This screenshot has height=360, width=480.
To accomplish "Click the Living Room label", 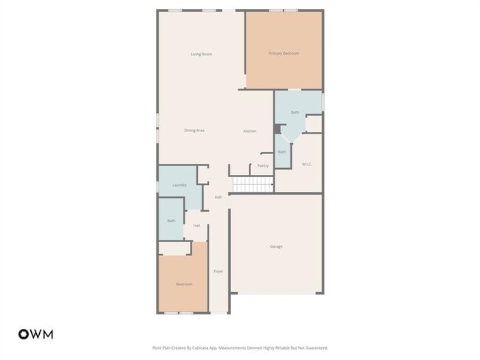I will [x=202, y=54].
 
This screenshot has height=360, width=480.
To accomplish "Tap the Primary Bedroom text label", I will [x=284, y=53].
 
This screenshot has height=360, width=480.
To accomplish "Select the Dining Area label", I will [x=194, y=131].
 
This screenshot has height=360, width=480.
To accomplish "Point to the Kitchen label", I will [x=250, y=131].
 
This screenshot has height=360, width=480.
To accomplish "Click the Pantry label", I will [x=263, y=166].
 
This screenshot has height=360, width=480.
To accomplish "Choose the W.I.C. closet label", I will [x=306, y=164].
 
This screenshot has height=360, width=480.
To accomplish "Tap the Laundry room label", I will [x=179, y=185].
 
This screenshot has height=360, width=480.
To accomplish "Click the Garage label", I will [x=275, y=246].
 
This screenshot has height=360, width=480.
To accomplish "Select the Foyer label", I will [x=219, y=271].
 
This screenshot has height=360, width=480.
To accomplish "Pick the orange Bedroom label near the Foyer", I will [x=183, y=284].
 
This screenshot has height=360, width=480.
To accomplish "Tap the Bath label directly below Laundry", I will [x=171, y=221].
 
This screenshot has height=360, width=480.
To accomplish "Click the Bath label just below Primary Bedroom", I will [x=295, y=112].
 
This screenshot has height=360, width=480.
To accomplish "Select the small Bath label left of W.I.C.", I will [x=281, y=152].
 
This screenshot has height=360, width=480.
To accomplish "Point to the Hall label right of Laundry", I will [x=218, y=197].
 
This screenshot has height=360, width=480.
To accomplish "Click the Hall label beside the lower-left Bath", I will [x=197, y=226].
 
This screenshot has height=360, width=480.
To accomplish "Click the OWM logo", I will [x=35, y=334].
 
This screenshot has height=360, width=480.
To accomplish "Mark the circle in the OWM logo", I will [x=24, y=334].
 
